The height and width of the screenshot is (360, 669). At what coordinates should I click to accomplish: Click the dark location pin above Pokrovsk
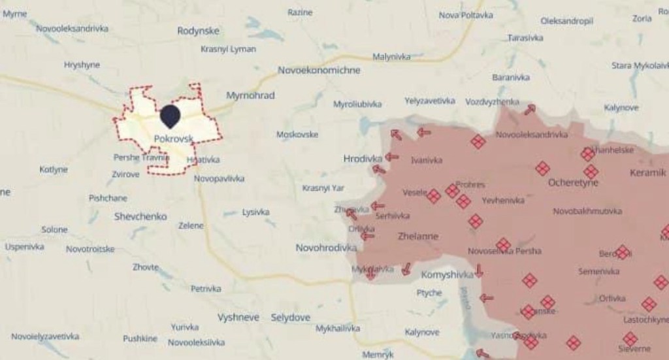coord(170,116)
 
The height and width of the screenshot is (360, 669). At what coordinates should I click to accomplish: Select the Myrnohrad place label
coord(250,95)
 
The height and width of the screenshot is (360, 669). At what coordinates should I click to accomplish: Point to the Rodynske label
coord(198,31)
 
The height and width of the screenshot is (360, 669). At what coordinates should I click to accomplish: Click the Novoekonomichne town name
coord(318,70)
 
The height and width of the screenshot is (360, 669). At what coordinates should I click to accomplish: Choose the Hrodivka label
coord(362,158)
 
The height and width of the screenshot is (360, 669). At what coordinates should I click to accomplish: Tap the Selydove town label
coord(291,318)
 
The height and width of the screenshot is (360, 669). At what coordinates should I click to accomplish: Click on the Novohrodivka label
coord(325,248)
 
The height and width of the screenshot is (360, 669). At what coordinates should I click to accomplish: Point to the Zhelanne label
coord(417,237)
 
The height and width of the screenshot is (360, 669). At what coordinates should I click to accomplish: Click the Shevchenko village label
coord(140,216)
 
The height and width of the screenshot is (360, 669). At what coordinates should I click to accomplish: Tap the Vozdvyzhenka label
coord(492,102)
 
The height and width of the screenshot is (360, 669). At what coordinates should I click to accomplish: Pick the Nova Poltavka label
coord(465,15)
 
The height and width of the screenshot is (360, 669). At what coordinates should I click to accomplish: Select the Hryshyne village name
coord(82,65)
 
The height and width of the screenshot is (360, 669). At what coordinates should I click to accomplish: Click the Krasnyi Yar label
coord(323,188)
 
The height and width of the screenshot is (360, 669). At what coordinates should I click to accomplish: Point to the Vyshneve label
coord(238,318)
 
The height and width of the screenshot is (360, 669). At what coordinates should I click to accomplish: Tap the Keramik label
coord(647,173)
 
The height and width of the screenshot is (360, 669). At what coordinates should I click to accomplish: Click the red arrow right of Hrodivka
coord(392,157)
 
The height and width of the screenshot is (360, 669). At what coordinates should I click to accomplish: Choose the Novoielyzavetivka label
coord(45,336)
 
